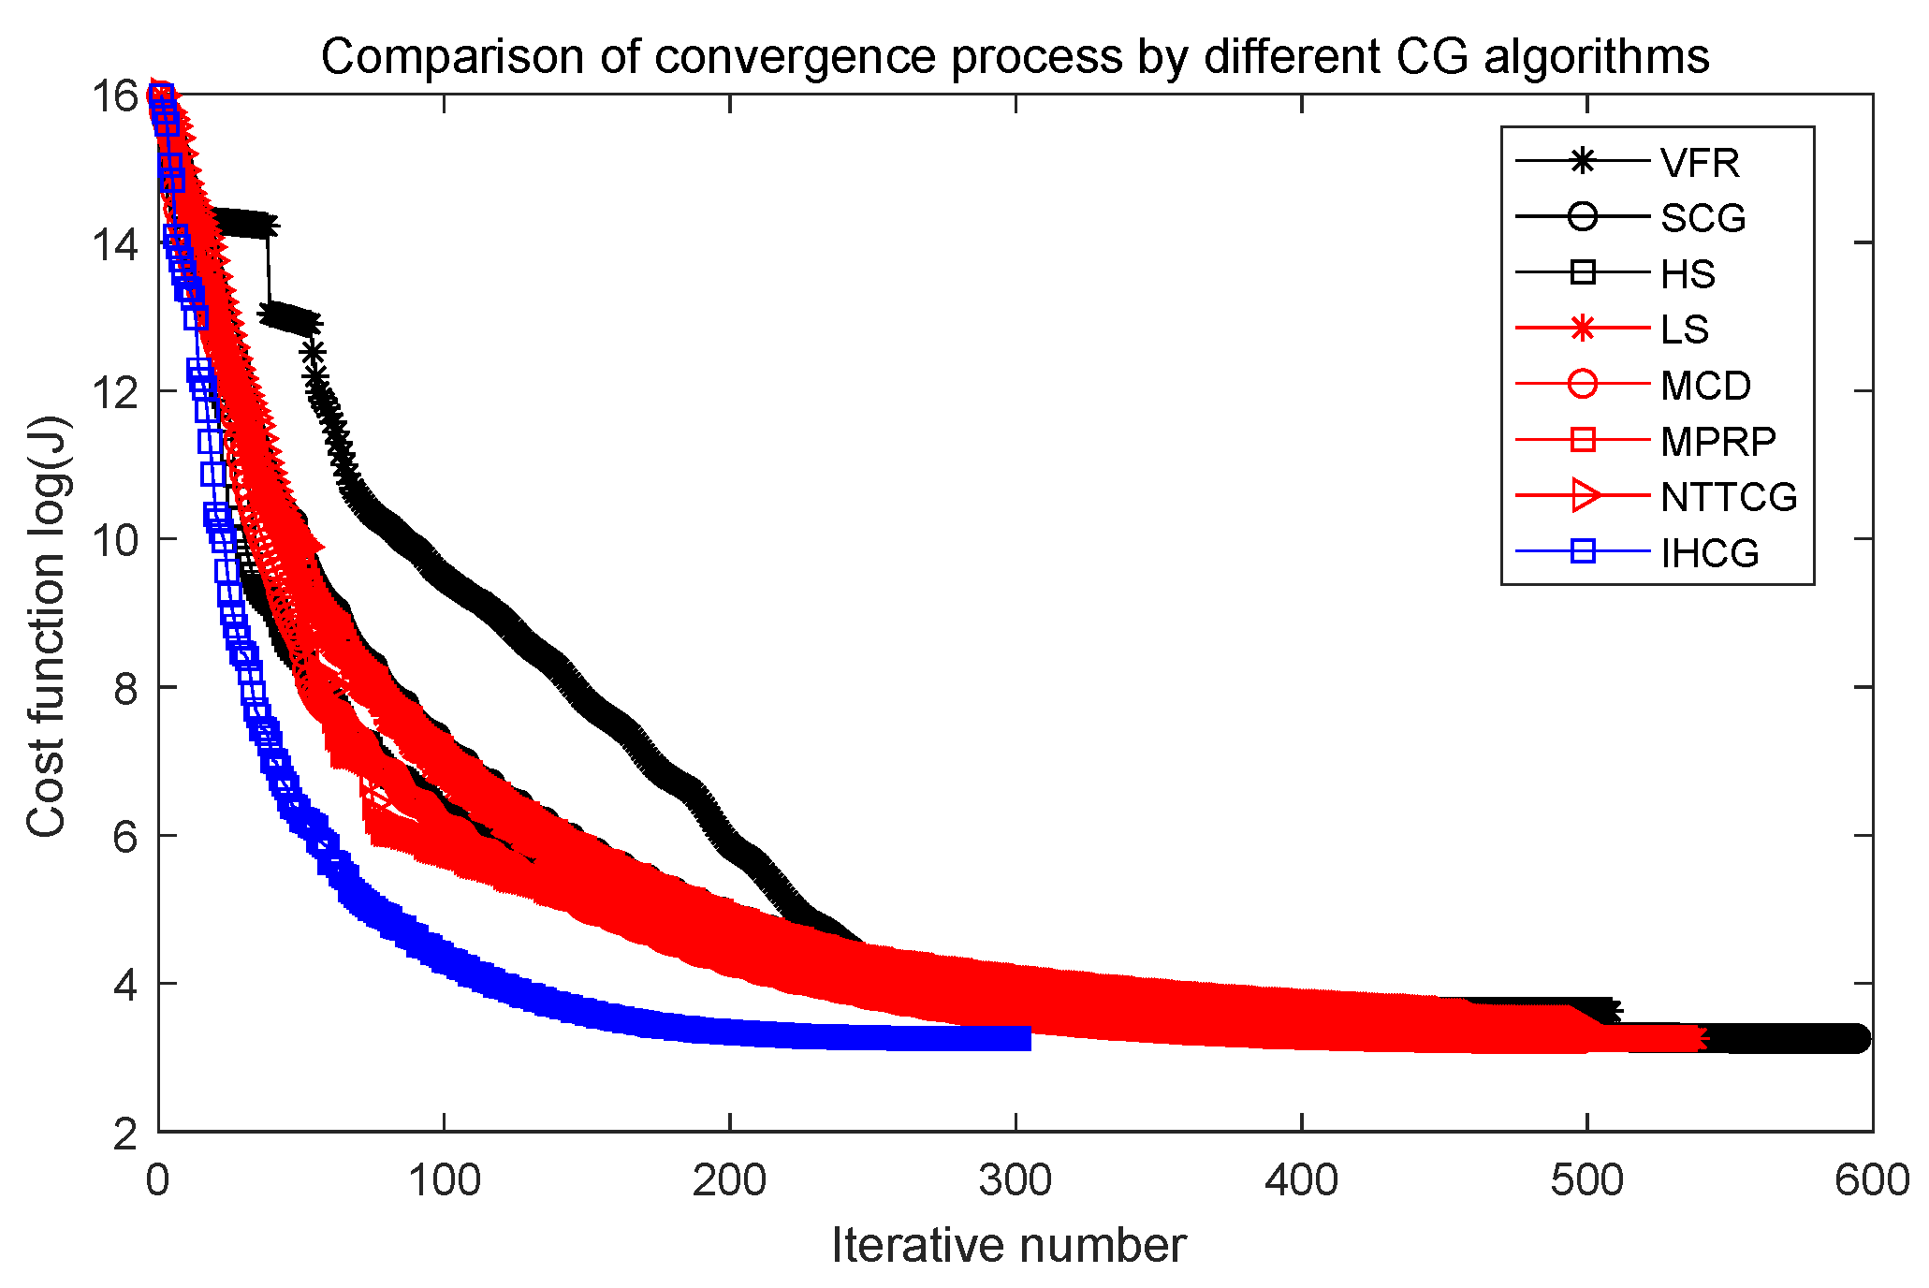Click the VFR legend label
click(x=1699, y=163)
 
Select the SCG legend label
click(x=1702, y=218)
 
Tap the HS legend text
click(x=1688, y=274)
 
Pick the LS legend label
click(x=1684, y=329)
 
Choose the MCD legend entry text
click(x=1705, y=386)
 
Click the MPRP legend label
click(x=1717, y=441)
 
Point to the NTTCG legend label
click(x=1728, y=497)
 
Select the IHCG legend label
click(x=1709, y=553)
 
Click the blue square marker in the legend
click(x=1582, y=551)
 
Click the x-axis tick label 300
click(x=1016, y=1181)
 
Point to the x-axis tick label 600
click(x=1871, y=1181)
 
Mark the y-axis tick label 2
click(x=125, y=1134)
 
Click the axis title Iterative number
click(x=1009, y=1246)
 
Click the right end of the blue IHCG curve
click(x=1028, y=1038)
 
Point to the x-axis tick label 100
click(x=444, y=1181)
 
